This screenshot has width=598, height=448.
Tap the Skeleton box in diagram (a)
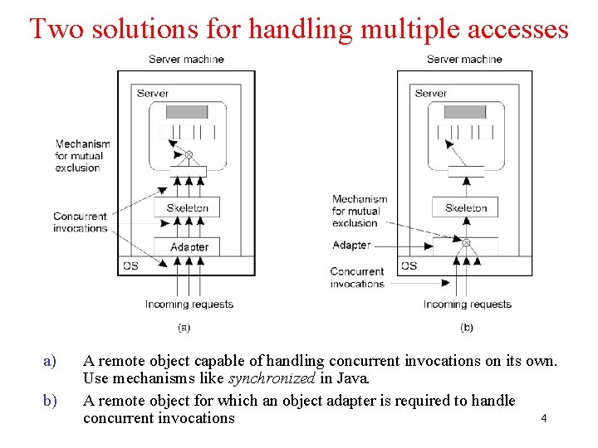(188, 207)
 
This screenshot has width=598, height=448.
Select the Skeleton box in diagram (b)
(466, 207)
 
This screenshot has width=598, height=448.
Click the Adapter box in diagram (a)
(189, 247)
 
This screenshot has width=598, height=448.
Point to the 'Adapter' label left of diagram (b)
(350, 245)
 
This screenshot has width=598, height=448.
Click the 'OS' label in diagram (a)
(130, 265)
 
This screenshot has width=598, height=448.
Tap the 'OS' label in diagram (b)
(409, 265)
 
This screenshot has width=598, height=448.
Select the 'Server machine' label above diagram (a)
(186, 59)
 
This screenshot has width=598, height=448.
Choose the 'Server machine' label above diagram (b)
(464, 59)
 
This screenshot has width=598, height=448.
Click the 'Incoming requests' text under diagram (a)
(189, 304)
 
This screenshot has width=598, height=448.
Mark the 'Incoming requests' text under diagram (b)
(467, 304)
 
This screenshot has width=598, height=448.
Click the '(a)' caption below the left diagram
(184, 328)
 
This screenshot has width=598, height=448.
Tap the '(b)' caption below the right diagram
(467, 328)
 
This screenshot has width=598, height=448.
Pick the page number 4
(543, 418)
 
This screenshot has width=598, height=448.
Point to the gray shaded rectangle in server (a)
(187, 111)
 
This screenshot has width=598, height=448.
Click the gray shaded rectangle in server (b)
(465, 111)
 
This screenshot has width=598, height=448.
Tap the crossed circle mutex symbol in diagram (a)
(189, 154)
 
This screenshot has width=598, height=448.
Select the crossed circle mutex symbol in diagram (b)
(466, 243)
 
